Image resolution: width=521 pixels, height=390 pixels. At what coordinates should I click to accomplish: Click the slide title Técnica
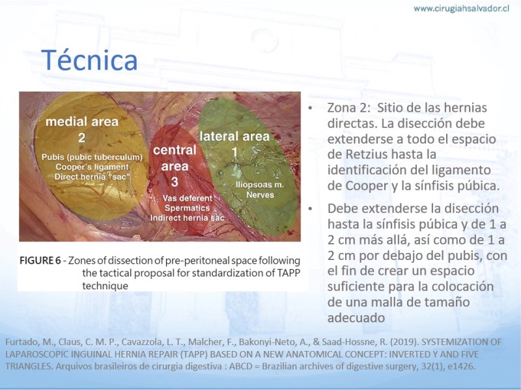point(89,60)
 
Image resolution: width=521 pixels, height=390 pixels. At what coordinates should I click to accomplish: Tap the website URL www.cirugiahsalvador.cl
point(461,8)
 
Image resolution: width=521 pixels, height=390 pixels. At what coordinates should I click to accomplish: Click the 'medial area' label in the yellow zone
point(82,122)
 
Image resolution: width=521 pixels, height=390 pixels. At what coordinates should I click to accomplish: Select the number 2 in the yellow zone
point(82,138)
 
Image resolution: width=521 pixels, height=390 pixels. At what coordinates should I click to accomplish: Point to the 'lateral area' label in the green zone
point(234,136)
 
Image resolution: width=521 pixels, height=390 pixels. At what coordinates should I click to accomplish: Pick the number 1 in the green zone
point(234,152)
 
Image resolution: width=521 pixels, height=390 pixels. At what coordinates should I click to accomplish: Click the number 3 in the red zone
point(175,182)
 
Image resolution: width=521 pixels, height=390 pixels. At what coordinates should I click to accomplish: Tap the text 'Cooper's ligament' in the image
point(92,167)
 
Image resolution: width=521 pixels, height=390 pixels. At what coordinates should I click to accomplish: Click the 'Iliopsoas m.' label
point(259,185)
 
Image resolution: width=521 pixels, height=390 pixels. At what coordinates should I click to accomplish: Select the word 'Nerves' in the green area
point(260,194)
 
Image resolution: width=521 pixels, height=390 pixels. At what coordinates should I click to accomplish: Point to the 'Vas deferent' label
point(187,198)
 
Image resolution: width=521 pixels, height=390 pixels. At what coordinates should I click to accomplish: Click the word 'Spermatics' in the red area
point(187,208)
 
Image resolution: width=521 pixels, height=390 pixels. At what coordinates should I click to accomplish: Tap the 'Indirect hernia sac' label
point(188,218)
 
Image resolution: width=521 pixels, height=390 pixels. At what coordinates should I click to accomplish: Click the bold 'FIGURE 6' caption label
point(40,261)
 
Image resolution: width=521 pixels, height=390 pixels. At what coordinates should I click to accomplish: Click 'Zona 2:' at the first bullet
point(349,108)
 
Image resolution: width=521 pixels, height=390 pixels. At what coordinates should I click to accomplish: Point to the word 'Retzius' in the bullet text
point(365,155)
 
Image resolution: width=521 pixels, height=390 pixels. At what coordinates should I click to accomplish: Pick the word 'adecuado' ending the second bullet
point(356,318)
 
